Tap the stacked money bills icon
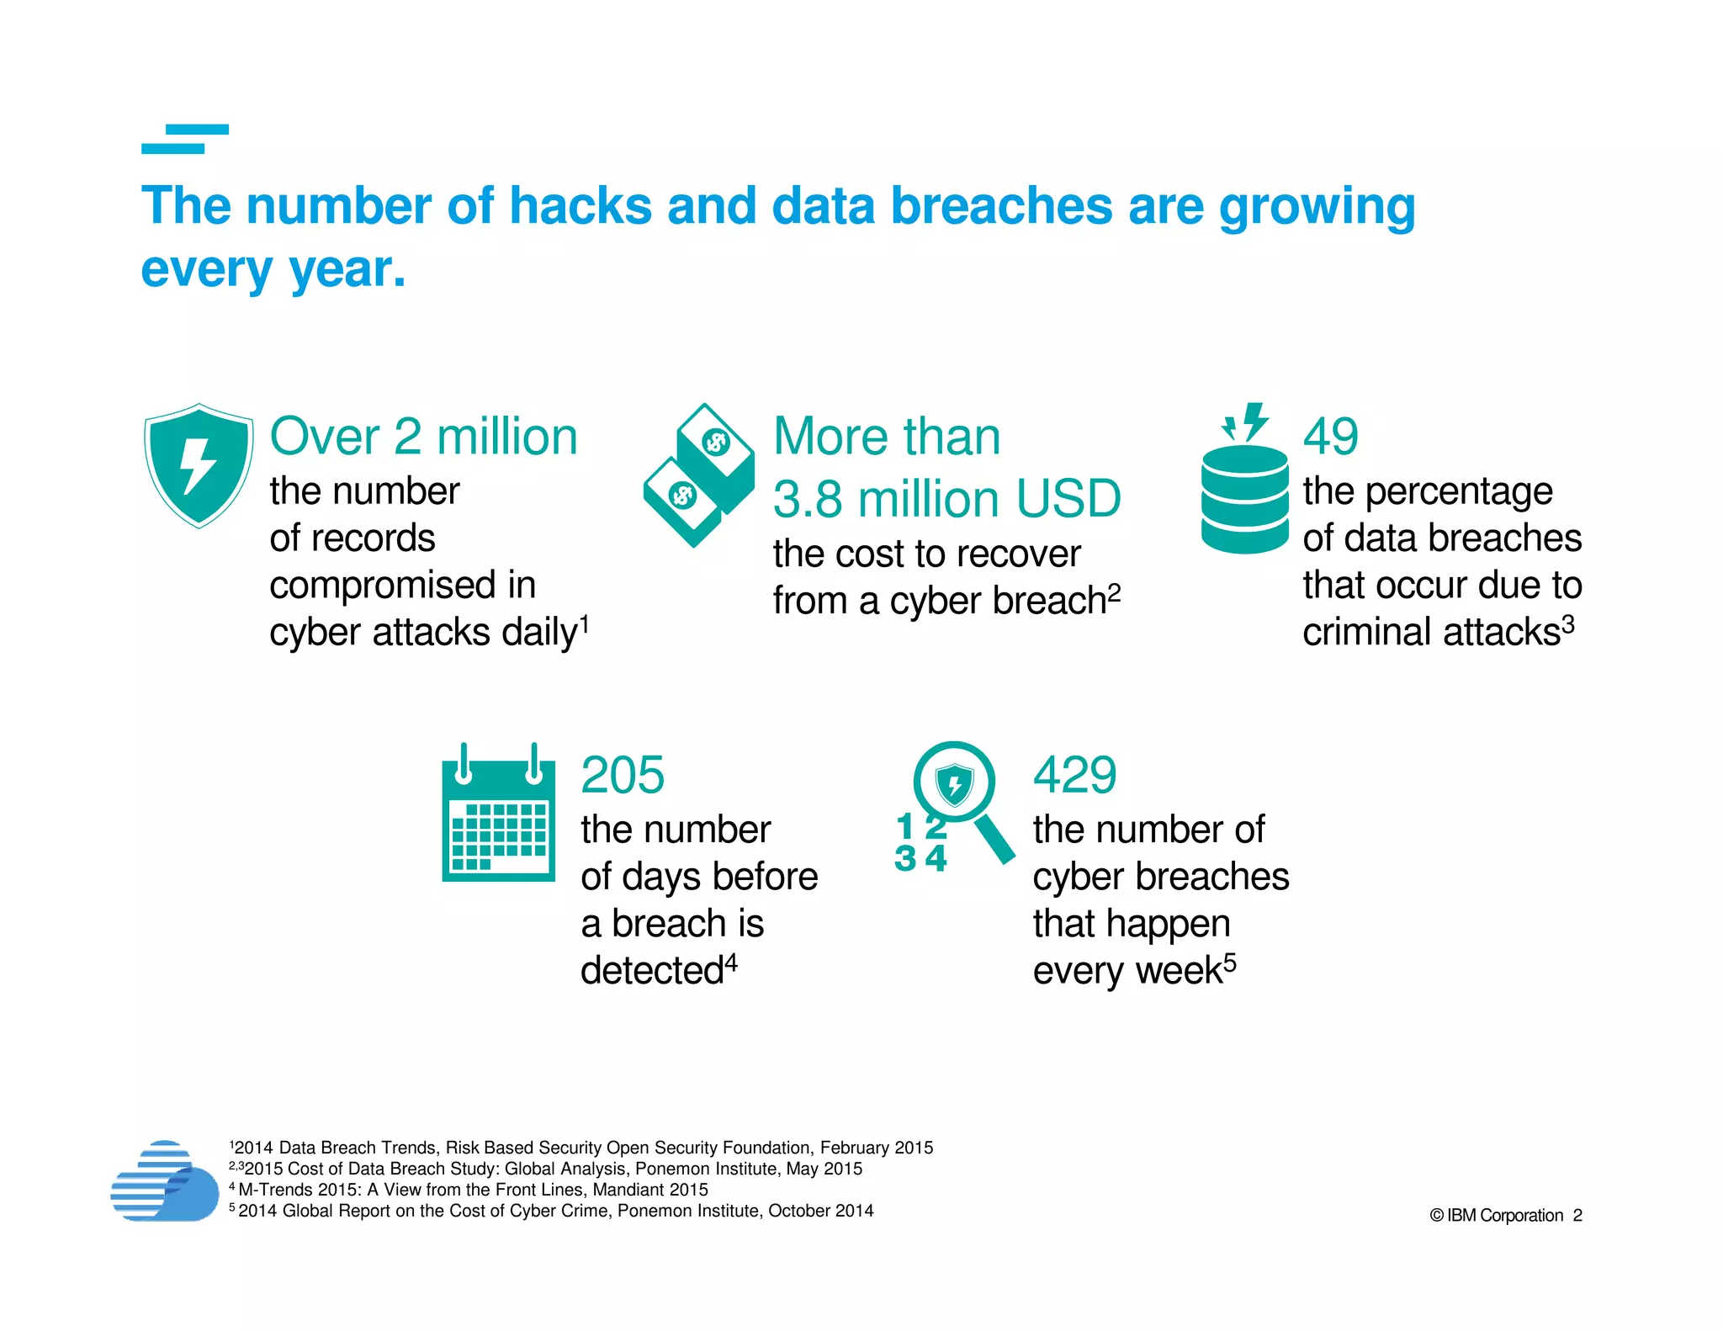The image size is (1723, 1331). [699, 475]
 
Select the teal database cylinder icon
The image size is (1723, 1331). [1244, 499]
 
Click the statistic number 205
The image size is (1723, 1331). [623, 775]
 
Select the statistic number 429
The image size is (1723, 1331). [1075, 775]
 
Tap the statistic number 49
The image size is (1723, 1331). [1330, 437]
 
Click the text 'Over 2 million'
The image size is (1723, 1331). [423, 437]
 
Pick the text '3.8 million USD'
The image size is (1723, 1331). [946, 499]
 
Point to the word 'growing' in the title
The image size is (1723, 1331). [1317, 208]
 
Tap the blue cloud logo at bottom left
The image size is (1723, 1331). [165, 1181]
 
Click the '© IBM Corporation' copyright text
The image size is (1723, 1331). [1496, 1215]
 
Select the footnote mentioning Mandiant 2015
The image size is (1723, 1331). [471, 1190]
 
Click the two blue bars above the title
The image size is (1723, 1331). [185, 139]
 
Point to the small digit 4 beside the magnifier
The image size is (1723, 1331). [936, 858]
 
